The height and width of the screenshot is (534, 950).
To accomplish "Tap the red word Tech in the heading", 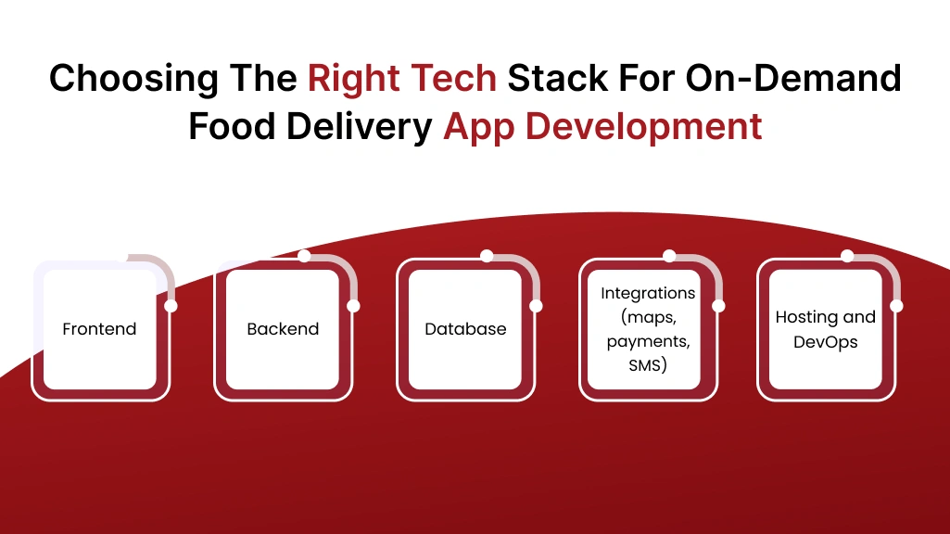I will [455, 79].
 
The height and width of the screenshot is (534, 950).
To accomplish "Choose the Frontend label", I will [99, 329].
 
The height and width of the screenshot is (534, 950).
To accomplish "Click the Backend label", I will [283, 329].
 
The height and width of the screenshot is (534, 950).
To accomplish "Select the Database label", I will [465, 329].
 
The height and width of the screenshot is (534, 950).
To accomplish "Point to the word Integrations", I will [648, 293].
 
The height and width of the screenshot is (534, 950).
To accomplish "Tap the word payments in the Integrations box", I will [648, 341].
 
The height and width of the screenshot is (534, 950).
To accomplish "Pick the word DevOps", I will [825, 342].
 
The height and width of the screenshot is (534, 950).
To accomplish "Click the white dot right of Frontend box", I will [171, 306].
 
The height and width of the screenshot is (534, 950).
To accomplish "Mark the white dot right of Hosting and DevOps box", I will [896, 306].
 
